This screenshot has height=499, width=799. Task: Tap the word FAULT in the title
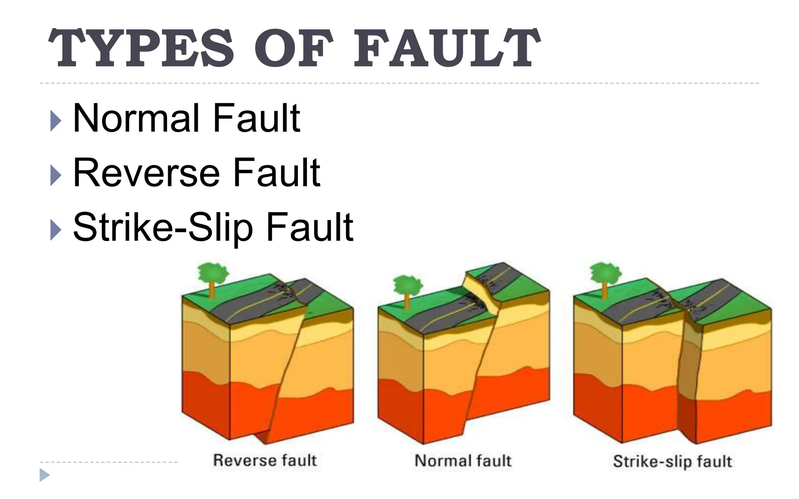447,49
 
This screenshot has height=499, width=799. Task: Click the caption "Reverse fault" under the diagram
265,460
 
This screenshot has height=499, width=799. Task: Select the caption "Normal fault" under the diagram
463,460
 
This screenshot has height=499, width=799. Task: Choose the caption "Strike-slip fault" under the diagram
672,461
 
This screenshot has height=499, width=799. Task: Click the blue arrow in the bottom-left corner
44,475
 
